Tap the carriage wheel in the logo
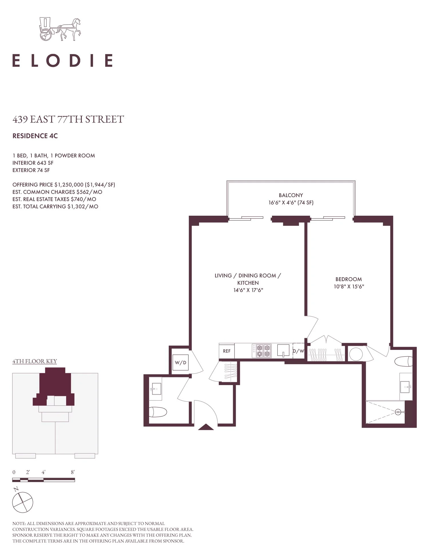click(46, 35)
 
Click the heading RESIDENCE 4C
click(35, 136)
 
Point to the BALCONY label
click(291, 195)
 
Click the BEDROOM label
click(349, 279)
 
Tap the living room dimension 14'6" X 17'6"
click(248, 290)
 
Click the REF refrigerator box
click(227, 351)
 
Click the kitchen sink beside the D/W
click(283, 350)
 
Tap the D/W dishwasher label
click(298, 351)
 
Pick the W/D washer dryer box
click(180, 363)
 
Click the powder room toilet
click(158, 412)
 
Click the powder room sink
click(155, 389)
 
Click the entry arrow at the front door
click(206, 427)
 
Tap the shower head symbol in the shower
click(398, 412)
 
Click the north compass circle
click(23, 502)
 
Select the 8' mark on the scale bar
click(73, 472)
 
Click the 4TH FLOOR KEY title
click(35, 361)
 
